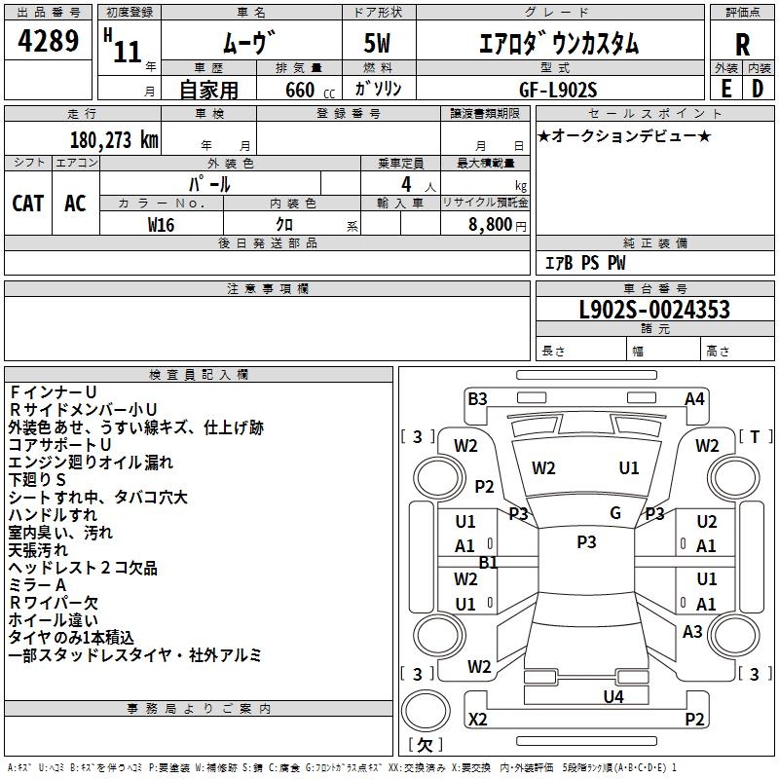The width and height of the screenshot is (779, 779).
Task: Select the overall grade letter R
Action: [x=742, y=45]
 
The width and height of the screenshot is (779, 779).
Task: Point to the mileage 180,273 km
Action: [x=115, y=139]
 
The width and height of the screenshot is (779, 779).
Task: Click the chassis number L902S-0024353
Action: [x=653, y=311]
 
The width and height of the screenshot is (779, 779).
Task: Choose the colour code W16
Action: [x=162, y=224]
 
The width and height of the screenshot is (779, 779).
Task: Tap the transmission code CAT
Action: [x=28, y=203]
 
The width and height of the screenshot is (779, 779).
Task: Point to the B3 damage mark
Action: [x=477, y=398]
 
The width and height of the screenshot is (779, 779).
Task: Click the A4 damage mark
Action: [x=694, y=398]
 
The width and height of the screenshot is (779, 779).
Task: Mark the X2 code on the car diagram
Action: [x=478, y=719]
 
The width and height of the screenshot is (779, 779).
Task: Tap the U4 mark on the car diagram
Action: [x=612, y=696]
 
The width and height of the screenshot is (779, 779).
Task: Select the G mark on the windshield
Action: [x=615, y=513]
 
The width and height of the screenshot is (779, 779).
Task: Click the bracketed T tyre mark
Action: [x=755, y=436]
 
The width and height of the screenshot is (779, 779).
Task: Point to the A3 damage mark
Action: [x=692, y=632]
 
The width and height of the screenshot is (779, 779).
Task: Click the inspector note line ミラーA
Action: [x=37, y=584]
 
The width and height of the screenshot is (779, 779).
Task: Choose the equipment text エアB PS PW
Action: [x=584, y=263]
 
